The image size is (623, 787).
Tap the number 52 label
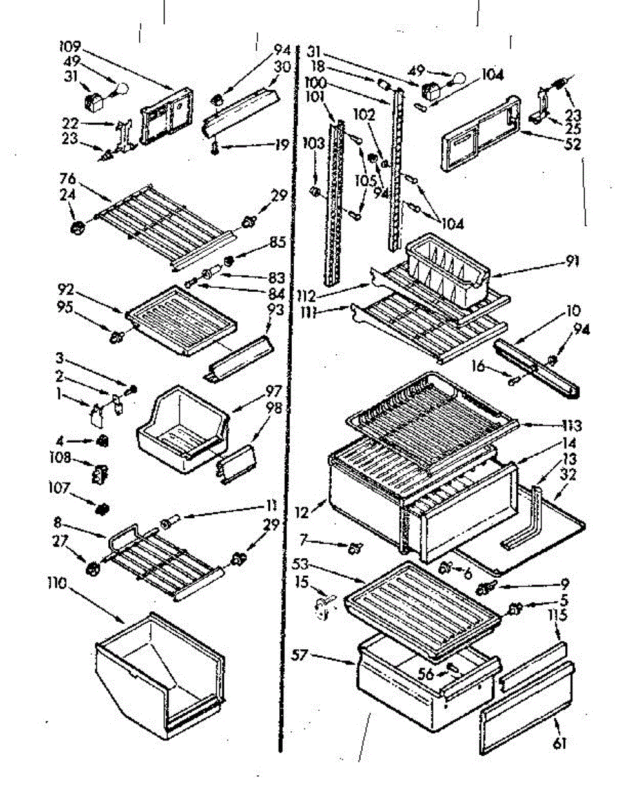tap(572, 145)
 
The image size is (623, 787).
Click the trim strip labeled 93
tap(239, 354)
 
